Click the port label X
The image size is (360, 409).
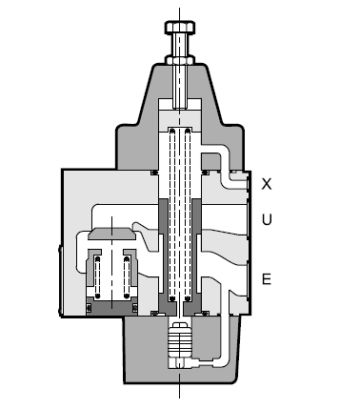[267, 184]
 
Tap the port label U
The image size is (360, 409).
[267, 219]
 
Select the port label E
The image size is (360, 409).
[267, 278]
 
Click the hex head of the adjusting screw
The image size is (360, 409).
[180, 28]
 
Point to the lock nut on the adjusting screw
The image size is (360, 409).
[180, 59]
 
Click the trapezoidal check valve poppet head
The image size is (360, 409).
[111, 234]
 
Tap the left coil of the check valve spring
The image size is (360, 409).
[97, 277]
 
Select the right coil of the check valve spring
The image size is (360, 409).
[127, 277]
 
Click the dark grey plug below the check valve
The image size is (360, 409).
[111, 306]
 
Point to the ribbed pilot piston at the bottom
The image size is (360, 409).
[180, 341]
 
